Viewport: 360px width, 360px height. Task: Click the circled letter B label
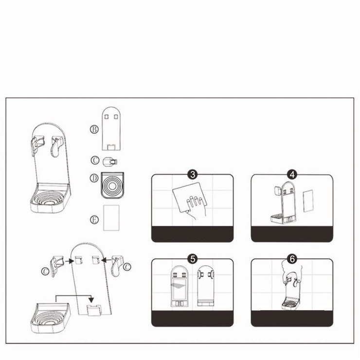(94, 129)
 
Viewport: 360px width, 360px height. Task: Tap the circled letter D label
(94, 178)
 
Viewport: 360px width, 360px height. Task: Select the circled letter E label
(94, 220)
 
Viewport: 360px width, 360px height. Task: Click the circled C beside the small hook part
(95, 160)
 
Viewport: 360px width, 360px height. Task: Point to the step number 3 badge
(192, 175)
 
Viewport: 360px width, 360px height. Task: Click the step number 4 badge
(292, 175)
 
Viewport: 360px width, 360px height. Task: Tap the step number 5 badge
(192, 259)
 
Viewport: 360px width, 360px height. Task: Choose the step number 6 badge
(292, 259)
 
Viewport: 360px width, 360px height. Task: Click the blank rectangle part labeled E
(111, 217)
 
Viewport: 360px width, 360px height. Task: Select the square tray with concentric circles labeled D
(112, 185)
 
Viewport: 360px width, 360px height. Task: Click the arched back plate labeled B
(111, 128)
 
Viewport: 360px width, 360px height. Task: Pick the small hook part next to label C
(110, 162)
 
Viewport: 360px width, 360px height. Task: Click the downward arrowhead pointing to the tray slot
(91, 300)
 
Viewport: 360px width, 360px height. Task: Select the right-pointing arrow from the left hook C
(69, 261)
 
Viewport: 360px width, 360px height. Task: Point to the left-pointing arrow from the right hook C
(106, 260)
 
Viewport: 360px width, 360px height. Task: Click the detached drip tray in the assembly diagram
(50, 318)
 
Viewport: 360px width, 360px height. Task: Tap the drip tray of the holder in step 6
(290, 304)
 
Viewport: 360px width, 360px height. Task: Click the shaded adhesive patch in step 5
(179, 286)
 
